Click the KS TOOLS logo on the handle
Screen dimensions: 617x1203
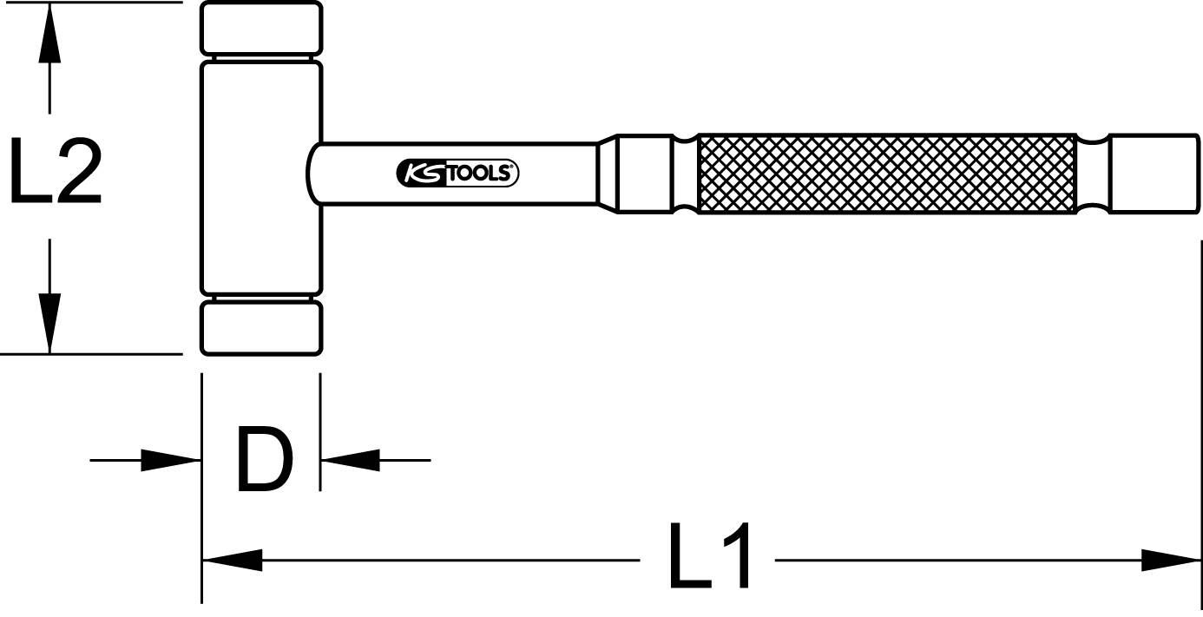(x=457, y=174)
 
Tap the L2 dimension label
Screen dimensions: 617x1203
(x=56, y=174)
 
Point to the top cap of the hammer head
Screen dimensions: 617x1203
(x=261, y=29)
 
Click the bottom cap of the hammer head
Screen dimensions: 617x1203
(x=261, y=328)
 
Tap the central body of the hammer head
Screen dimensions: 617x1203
(x=261, y=178)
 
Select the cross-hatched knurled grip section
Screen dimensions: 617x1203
(x=885, y=175)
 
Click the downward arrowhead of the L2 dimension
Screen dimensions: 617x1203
(x=49, y=321)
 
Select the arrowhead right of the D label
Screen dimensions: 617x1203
(x=351, y=460)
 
